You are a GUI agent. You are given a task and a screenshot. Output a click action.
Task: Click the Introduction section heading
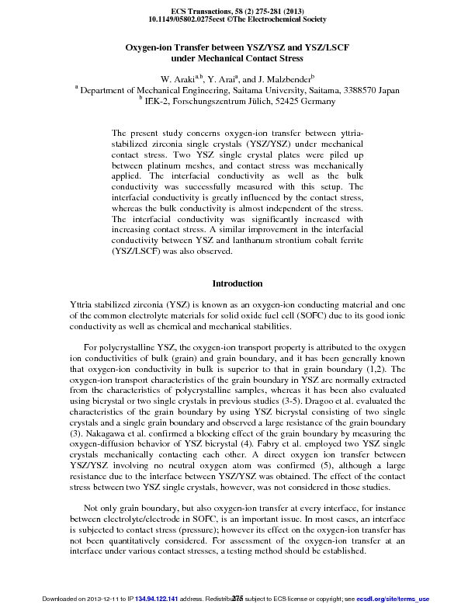237,283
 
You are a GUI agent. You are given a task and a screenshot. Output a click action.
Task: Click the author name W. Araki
177,80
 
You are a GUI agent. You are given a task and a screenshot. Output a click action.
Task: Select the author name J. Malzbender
283,80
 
